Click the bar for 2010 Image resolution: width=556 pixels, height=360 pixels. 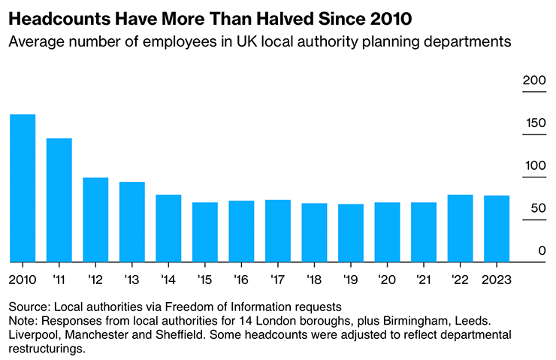pyautogui.click(x=23, y=188)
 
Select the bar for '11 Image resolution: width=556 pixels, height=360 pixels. pyautogui.click(x=59, y=200)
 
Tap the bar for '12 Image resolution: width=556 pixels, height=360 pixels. pyautogui.click(x=95, y=219)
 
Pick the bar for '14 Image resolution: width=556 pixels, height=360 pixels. pyautogui.click(x=168, y=228)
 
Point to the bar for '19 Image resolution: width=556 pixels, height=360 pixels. pyautogui.click(x=351, y=233)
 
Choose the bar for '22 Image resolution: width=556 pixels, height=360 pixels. pyautogui.click(x=460, y=228)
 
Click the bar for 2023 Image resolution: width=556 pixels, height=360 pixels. pyautogui.click(x=497, y=228)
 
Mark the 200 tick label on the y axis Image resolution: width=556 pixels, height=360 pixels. pyautogui.click(x=533, y=80)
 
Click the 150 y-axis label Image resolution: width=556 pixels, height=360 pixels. pyautogui.click(x=533, y=123)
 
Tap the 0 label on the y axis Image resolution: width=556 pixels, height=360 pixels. pyautogui.click(x=539, y=251)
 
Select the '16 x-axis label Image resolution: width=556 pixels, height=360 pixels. pyautogui.click(x=242, y=280)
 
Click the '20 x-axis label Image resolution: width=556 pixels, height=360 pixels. pyautogui.click(x=388, y=280)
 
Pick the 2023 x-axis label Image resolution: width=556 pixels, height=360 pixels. pyautogui.click(x=497, y=280)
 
